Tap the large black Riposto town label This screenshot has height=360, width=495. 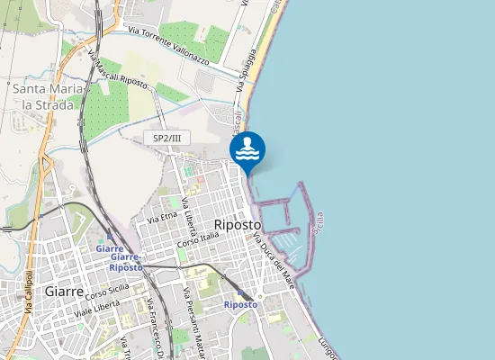click(238, 224)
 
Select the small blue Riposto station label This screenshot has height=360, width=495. click(240, 305)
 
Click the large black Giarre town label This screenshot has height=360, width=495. click(64, 292)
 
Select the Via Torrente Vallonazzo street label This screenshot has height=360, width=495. click(168, 46)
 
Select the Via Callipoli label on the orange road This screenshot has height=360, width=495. click(31, 293)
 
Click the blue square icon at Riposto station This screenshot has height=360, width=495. click(257, 295)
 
